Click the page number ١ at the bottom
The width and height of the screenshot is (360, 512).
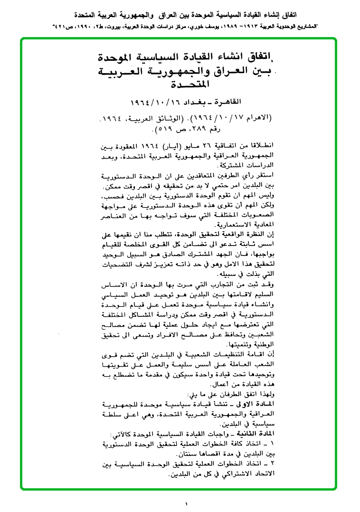(x=187, y=504)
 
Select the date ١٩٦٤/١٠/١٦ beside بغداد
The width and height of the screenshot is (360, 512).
(x=156, y=103)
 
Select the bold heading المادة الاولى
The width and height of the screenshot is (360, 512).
(x=256, y=403)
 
